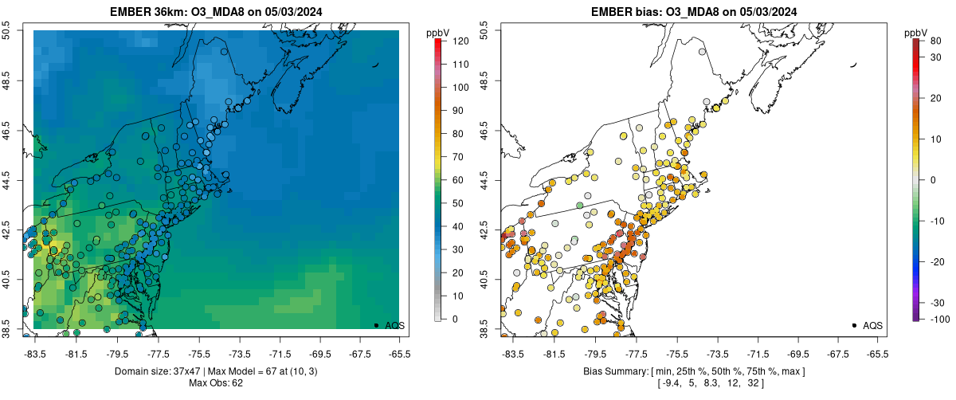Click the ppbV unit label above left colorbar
click(437, 33)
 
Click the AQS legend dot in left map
click(375, 325)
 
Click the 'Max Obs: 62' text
click(216, 383)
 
